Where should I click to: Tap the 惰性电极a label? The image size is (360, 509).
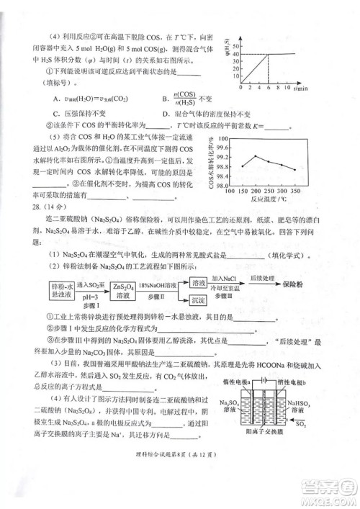(x=237, y=380)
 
